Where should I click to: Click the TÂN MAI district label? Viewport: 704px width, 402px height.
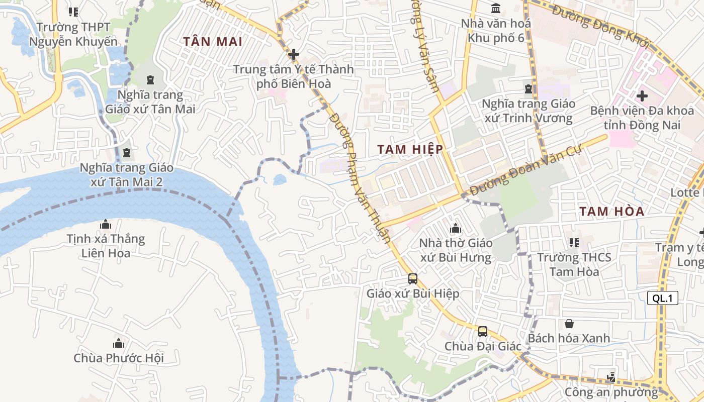213,41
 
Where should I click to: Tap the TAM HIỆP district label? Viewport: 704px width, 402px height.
410,149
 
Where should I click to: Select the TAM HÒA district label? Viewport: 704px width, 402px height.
611,212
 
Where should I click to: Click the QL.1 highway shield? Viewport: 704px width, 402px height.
662,298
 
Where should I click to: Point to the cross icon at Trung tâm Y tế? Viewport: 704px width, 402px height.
294,54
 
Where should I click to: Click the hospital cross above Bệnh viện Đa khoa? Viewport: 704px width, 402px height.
642,95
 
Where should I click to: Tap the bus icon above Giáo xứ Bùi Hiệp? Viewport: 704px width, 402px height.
413,278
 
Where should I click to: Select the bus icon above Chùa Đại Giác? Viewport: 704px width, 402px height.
483,331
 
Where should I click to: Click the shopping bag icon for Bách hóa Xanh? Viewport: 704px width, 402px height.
569,324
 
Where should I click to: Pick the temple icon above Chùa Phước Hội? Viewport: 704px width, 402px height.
119,344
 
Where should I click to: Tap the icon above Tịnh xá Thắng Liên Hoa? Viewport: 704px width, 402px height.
106,224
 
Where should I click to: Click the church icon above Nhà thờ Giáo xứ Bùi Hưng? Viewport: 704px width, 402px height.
456,229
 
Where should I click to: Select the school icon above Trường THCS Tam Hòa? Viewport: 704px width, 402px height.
574,243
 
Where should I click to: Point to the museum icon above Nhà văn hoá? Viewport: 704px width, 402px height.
496,9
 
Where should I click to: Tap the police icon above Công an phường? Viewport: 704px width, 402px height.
611,376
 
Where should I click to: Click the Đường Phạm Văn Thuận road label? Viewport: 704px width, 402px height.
360,177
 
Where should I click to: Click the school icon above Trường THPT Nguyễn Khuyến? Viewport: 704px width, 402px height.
73,12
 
